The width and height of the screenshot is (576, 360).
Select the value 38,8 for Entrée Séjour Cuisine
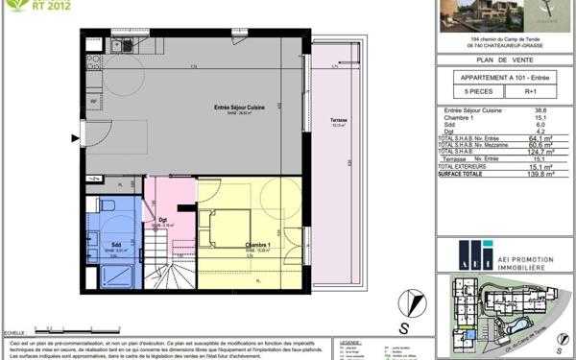click(540, 111)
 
